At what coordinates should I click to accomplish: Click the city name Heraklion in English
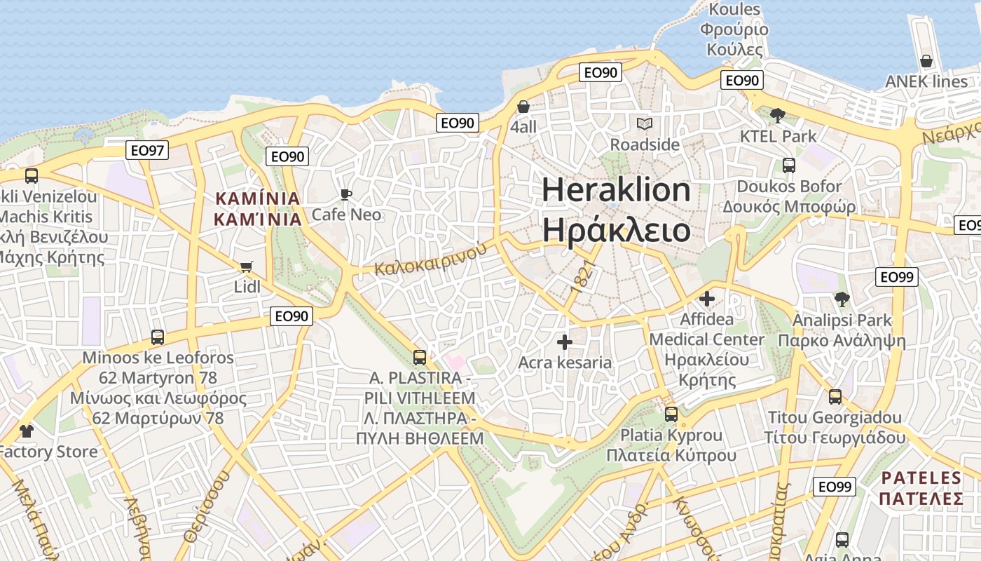coord(616,190)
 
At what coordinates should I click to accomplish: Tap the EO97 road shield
coord(148,149)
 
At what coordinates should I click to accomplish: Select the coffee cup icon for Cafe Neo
coord(345,194)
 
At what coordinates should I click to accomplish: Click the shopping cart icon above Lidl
coord(246,266)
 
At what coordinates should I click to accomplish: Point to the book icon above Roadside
coord(645,124)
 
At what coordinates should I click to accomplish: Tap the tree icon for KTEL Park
coord(777,115)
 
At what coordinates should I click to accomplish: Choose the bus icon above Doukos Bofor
coord(789,165)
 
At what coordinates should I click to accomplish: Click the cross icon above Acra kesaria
coord(564,342)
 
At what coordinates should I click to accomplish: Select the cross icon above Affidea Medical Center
coord(706,299)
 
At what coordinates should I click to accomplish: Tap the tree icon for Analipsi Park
coord(842,299)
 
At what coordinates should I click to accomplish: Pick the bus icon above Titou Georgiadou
coord(835,397)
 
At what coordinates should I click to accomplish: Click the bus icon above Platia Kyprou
coord(671,414)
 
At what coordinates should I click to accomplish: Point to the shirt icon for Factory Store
coord(27,431)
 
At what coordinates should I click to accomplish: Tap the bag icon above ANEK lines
coord(926,61)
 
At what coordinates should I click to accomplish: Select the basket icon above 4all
coord(523,107)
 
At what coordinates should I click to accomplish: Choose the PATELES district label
coord(921,478)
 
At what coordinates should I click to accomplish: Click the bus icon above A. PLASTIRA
coord(419,358)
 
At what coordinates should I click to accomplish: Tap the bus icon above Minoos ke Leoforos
coord(158,337)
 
